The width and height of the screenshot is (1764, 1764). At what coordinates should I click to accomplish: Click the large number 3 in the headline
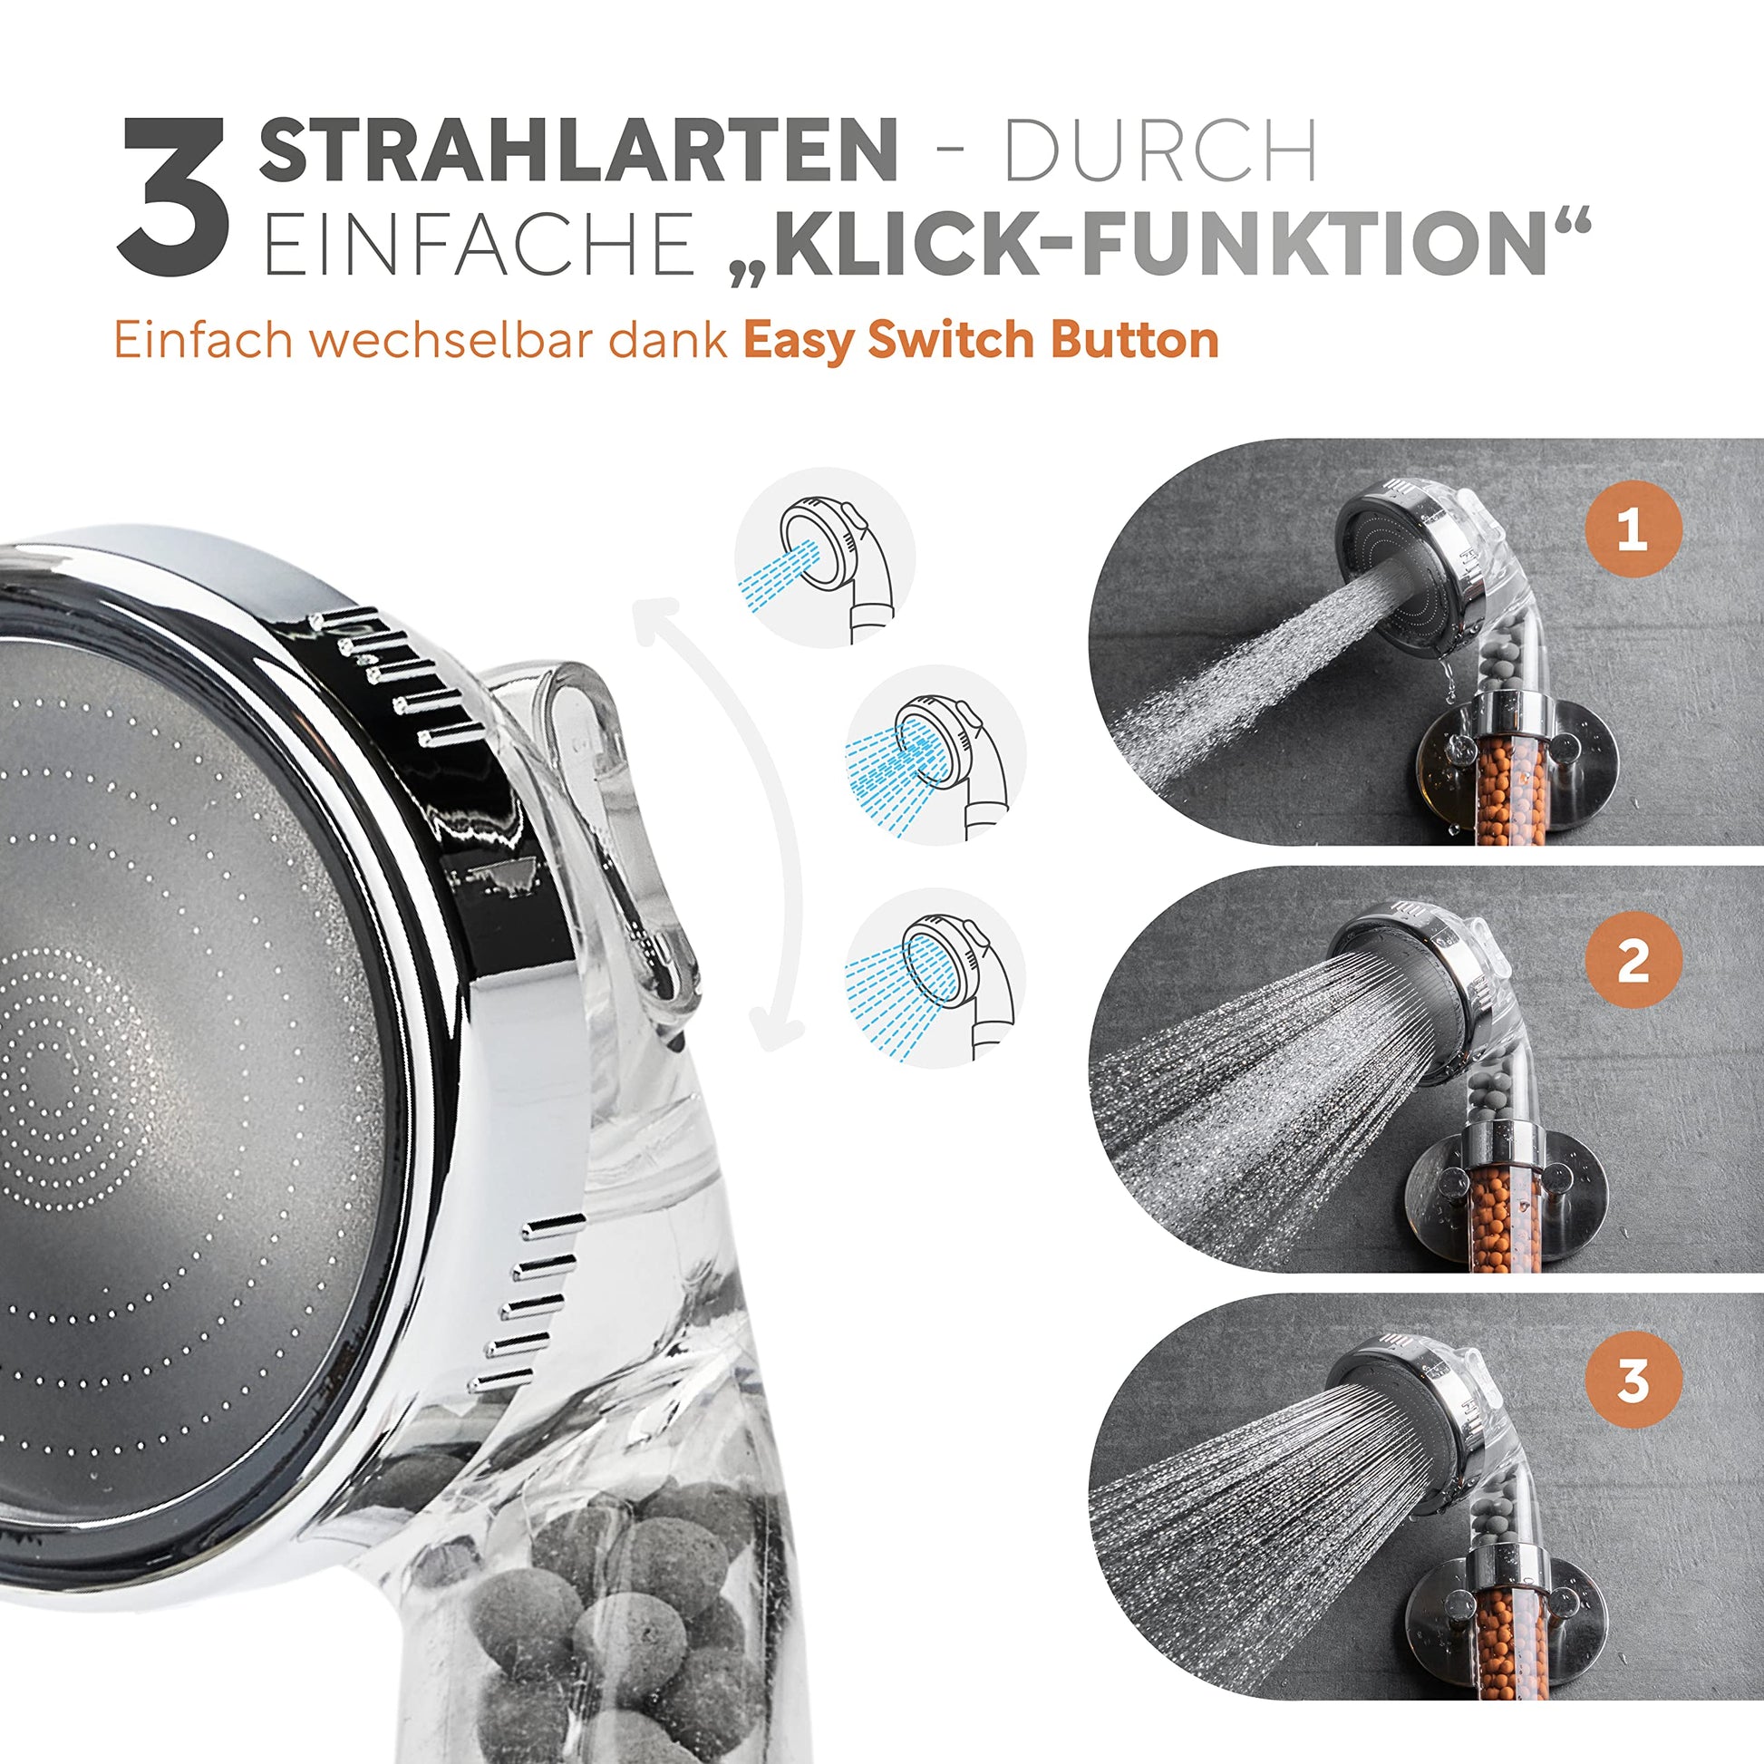(173, 197)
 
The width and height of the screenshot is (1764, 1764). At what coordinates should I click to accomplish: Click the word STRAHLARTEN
(578, 150)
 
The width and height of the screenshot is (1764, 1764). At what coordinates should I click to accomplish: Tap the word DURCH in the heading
(1160, 150)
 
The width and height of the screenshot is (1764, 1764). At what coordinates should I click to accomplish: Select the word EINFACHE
(477, 242)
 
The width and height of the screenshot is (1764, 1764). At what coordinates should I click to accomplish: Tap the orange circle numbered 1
(1632, 529)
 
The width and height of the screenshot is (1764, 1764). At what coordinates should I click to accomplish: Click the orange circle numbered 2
(1632, 960)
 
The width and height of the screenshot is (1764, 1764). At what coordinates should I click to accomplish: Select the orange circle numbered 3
(1632, 1381)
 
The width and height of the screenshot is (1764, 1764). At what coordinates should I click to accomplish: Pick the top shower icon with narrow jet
(824, 557)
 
